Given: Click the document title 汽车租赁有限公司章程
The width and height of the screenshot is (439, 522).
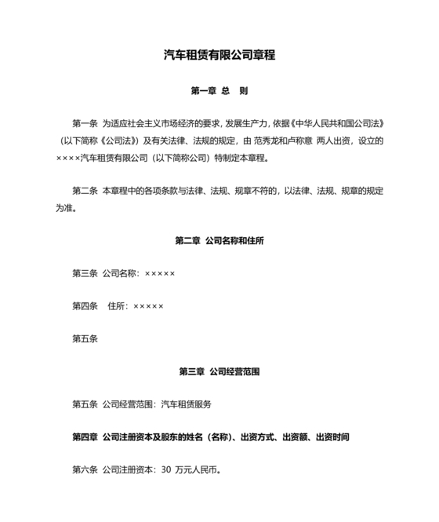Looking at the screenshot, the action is pyautogui.click(x=219, y=55).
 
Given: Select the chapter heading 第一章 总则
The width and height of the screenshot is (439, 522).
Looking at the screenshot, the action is pyautogui.click(x=219, y=91).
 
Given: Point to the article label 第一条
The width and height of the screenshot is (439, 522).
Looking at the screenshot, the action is pyautogui.click(x=85, y=123).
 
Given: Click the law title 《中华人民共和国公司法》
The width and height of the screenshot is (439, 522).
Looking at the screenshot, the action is pyautogui.click(x=337, y=123).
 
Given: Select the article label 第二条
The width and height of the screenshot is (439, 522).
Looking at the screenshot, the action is pyautogui.click(x=85, y=191).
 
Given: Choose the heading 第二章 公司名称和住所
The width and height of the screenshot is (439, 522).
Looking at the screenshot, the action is pyautogui.click(x=219, y=240).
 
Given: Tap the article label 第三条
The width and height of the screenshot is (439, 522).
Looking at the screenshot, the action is pyautogui.click(x=85, y=273).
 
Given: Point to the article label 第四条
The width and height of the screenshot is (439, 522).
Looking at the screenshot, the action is pyautogui.click(x=85, y=306).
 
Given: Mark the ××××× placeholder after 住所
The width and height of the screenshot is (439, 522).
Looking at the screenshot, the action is pyautogui.click(x=149, y=306).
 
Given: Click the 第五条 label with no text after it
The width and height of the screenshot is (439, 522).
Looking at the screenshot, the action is pyautogui.click(x=85, y=339).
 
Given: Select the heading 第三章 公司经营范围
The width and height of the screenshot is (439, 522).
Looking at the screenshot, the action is pyautogui.click(x=219, y=371).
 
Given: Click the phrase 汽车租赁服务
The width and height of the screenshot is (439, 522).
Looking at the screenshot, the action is pyautogui.click(x=186, y=404).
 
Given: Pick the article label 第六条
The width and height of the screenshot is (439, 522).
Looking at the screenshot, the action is pyautogui.click(x=85, y=470).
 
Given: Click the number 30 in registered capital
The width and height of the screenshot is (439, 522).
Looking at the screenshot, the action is pyautogui.click(x=165, y=470).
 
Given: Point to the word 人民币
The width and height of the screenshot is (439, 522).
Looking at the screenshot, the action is pyautogui.click(x=207, y=470).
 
